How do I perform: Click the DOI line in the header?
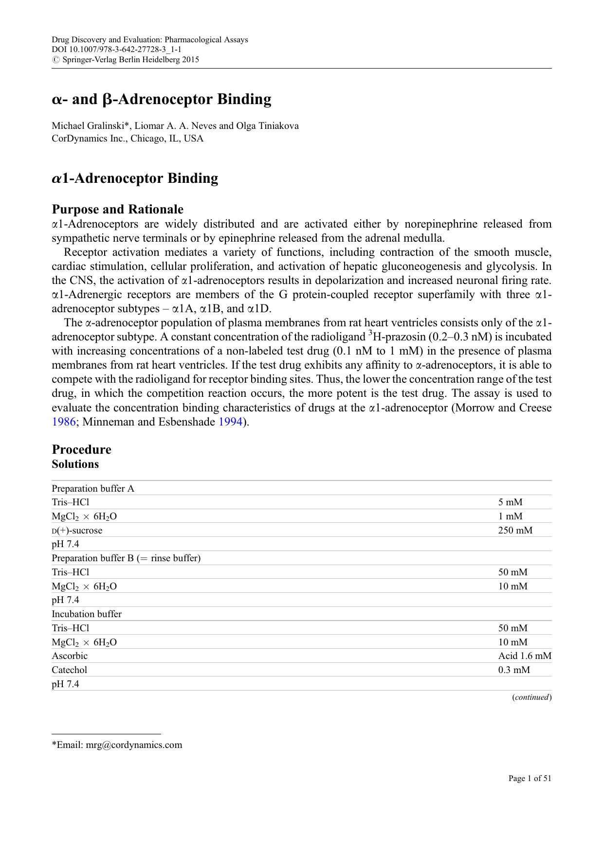tap(117, 50)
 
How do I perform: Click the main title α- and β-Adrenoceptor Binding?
tap(162, 99)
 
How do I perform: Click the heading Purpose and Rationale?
tap(118, 210)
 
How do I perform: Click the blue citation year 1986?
tap(64, 422)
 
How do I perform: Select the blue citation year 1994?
tap(230, 422)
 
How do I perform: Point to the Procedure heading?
tap(81, 449)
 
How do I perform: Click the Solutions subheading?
tap(75, 464)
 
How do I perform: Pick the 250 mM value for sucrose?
tap(515, 531)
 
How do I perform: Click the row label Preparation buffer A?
tap(93, 489)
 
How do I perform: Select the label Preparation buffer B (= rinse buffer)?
tap(126, 558)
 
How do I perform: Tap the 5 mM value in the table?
tap(510, 502)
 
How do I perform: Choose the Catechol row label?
tap(70, 670)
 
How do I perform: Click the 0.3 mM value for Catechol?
tap(513, 670)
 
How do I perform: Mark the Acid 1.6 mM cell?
tap(524, 656)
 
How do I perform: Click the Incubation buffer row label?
tap(87, 614)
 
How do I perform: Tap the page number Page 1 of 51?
tap(530, 779)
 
